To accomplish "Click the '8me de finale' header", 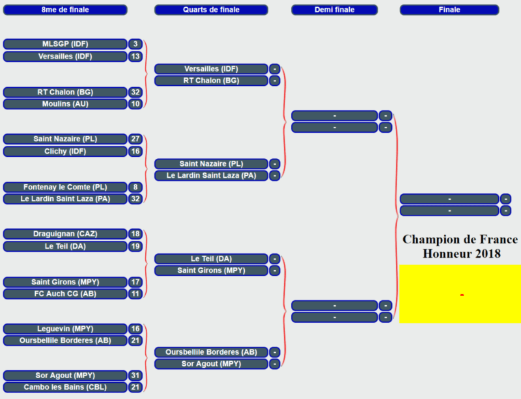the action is click(65, 10).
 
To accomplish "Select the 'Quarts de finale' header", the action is click(211, 10).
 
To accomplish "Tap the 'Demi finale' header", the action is click(335, 10).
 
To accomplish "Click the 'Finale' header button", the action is click(449, 10).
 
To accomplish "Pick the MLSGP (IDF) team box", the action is click(65, 44).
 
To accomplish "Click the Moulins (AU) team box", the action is click(65, 104).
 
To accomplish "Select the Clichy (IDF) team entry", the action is click(65, 152).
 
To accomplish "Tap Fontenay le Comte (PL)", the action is click(65, 187).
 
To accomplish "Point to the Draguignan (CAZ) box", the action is click(65, 234).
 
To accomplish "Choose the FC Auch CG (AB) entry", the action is click(65, 294).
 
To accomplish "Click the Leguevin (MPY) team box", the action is click(65, 329).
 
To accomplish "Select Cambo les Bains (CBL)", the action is click(65, 387).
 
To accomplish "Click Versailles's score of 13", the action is click(135, 57).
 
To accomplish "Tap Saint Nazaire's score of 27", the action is click(135, 139).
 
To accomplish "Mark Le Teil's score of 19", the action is click(135, 246).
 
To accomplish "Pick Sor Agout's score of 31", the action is click(135, 376).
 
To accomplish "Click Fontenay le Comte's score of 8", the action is click(135, 187).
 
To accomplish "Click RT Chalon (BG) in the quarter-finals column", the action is click(211, 81).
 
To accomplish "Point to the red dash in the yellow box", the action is click(462, 295).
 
